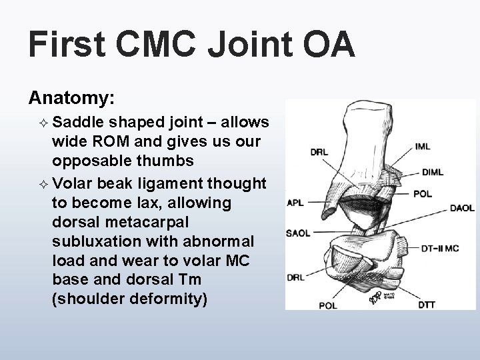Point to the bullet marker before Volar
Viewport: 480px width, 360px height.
(x=44, y=184)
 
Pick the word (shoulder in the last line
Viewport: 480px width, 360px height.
(x=85, y=299)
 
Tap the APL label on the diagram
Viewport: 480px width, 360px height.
(x=295, y=203)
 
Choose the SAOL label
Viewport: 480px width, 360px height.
(x=297, y=233)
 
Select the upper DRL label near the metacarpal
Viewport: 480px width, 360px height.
(x=319, y=152)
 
